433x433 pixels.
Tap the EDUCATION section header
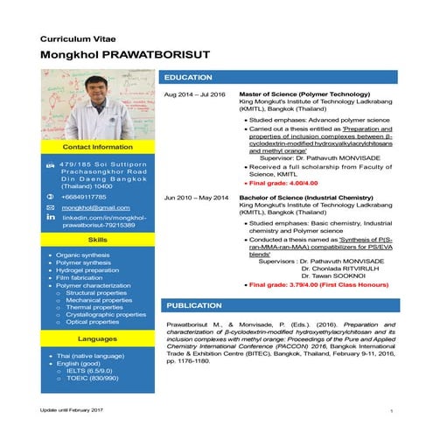189,78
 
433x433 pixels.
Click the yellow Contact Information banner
99,147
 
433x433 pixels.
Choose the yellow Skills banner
99,239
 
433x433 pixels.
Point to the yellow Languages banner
99,337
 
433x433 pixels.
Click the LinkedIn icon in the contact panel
50,216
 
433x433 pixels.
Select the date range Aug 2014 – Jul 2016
195,94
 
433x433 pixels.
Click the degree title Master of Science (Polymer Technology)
298,94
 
